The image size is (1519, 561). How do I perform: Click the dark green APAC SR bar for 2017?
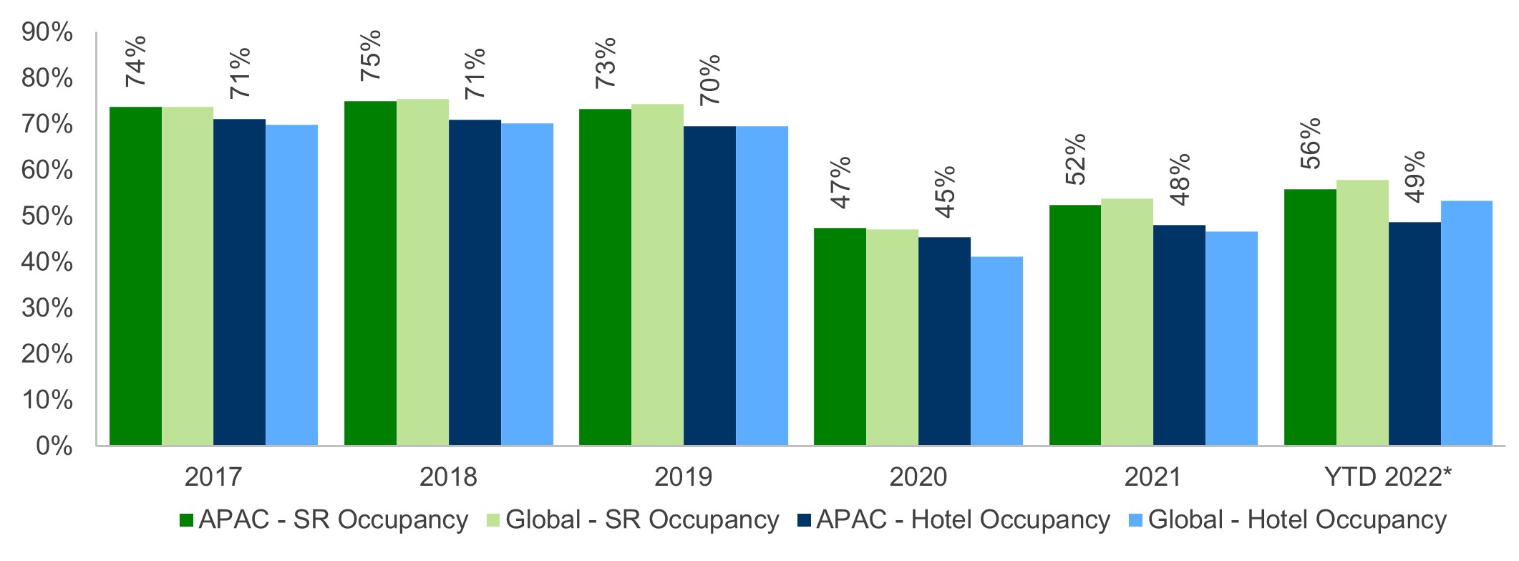click(135, 276)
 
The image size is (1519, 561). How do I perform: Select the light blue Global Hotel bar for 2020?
click(996, 351)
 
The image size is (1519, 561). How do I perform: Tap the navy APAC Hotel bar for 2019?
click(709, 286)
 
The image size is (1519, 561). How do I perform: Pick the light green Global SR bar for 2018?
click(422, 272)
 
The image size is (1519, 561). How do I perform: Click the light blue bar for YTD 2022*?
click(1466, 323)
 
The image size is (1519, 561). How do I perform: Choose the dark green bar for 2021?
click(1074, 325)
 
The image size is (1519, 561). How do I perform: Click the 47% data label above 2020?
click(840, 182)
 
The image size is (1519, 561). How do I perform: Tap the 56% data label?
click(1310, 144)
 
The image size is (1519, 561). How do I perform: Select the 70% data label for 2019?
click(709, 80)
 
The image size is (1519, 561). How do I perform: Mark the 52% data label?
click(1075, 159)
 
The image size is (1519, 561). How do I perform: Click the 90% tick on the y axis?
click(47, 32)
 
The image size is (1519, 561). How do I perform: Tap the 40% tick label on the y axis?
click(47, 262)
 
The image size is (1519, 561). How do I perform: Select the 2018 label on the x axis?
click(448, 477)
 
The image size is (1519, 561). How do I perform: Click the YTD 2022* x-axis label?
click(1387, 477)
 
